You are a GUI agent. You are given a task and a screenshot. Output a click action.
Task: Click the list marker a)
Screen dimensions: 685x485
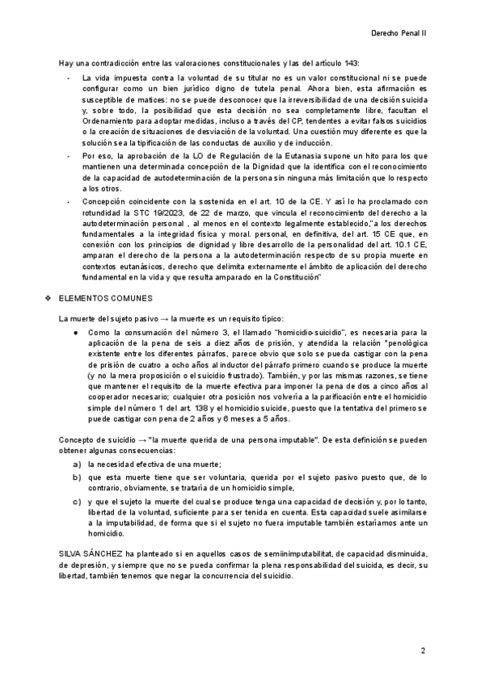coord(77,464)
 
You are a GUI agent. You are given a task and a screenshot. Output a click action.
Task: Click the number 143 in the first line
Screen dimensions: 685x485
coord(351,63)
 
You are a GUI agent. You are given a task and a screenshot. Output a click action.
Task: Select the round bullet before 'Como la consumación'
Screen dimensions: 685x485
coord(76,332)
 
